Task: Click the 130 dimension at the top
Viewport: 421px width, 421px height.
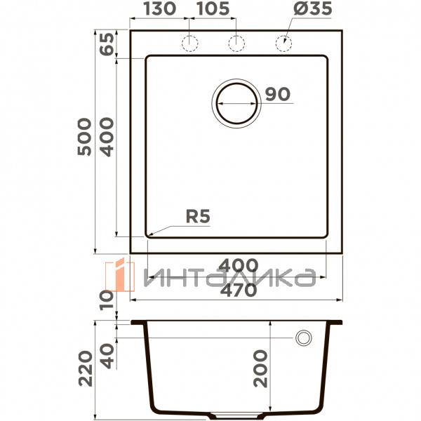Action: (x=161, y=10)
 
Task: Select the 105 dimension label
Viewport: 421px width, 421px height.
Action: (x=213, y=10)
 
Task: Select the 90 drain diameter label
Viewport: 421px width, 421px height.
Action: (x=278, y=95)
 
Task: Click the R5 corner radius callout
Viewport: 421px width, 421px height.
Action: (x=198, y=217)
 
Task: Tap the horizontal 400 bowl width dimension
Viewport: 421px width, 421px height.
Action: (x=237, y=266)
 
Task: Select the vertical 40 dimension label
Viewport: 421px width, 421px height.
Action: (x=105, y=354)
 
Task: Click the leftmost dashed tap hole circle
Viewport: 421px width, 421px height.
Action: (x=189, y=42)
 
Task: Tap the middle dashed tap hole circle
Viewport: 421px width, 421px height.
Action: (x=236, y=42)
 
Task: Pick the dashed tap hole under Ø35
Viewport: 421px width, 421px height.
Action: (x=283, y=42)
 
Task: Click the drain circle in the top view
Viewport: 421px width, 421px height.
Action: (x=236, y=102)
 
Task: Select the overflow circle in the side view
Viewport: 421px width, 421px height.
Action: (x=304, y=338)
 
